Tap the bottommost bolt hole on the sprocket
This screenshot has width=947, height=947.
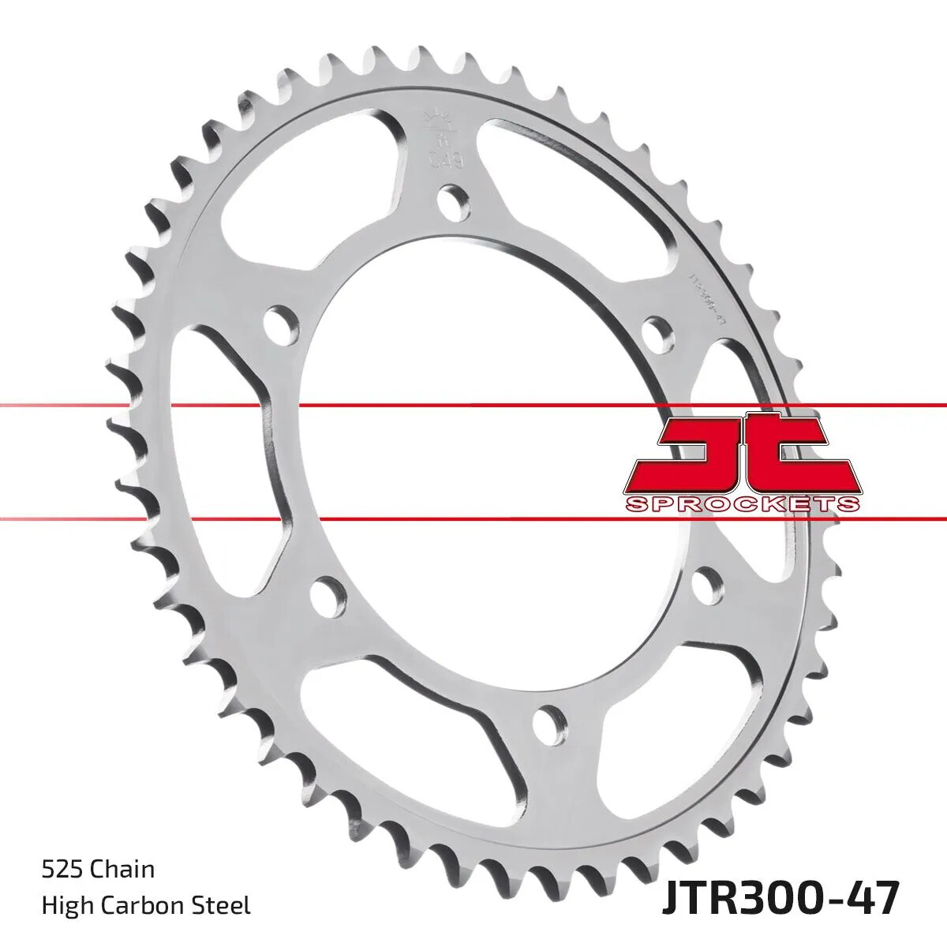click(550, 721)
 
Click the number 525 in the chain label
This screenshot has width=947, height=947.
click(62, 870)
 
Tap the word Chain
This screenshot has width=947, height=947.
click(122, 870)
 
